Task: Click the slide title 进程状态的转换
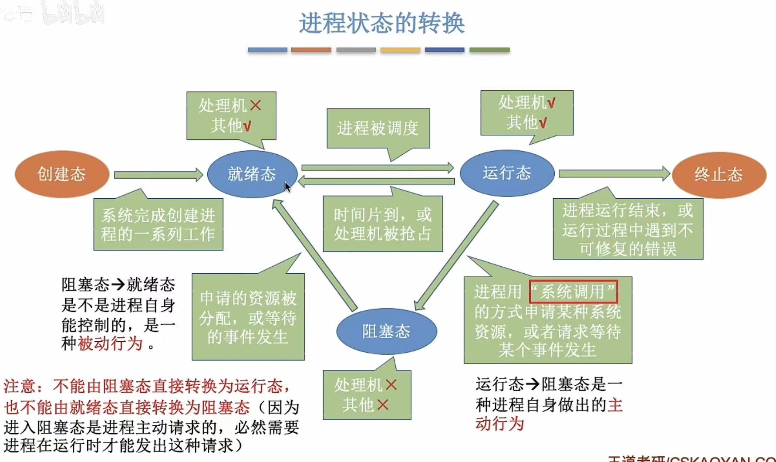pos(381,23)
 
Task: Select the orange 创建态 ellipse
pos(61,174)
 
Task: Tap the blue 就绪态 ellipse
pos(251,174)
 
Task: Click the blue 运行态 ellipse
pos(506,173)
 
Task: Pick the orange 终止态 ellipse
pos(719,175)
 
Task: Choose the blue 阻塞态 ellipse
pos(386,331)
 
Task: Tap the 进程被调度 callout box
pos(378,128)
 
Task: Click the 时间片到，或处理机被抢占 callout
pos(383,224)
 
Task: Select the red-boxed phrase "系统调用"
pos(573,292)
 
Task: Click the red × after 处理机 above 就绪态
pos(256,105)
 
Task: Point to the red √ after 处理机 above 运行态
pos(551,103)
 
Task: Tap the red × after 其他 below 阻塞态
pos(382,405)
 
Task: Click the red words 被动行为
pos(110,344)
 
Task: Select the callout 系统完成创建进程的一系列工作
pos(158,224)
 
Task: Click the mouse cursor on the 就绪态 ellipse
pos(287,187)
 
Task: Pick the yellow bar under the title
pos(400,50)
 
